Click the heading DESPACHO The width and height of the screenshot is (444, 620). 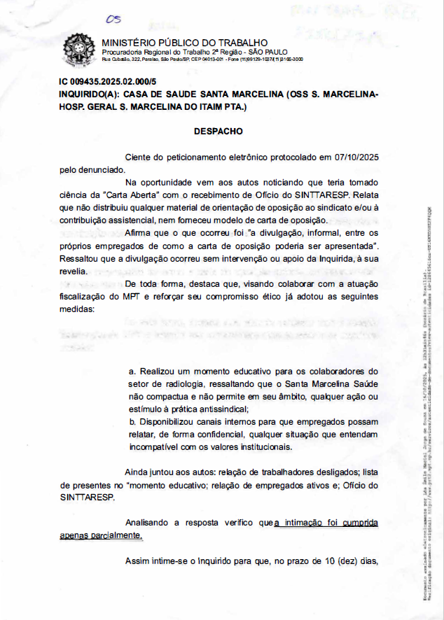pyautogui.click(x=218, y=131)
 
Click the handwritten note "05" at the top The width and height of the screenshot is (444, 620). pyautogui.click(x=113, y=20)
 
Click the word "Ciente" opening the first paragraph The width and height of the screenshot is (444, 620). pyautogui.click(x=138, y=157)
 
